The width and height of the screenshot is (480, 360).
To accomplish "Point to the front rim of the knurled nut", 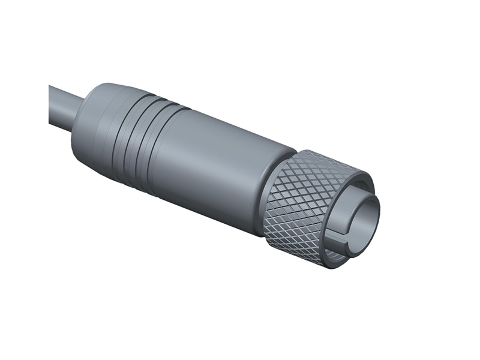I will [x=360, y=180].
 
